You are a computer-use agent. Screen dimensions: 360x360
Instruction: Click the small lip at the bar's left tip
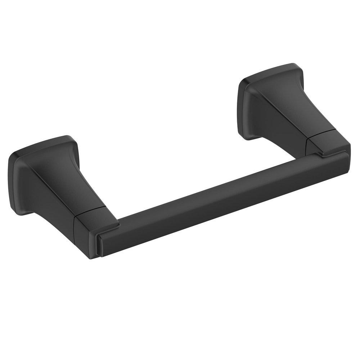point(98,245)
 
